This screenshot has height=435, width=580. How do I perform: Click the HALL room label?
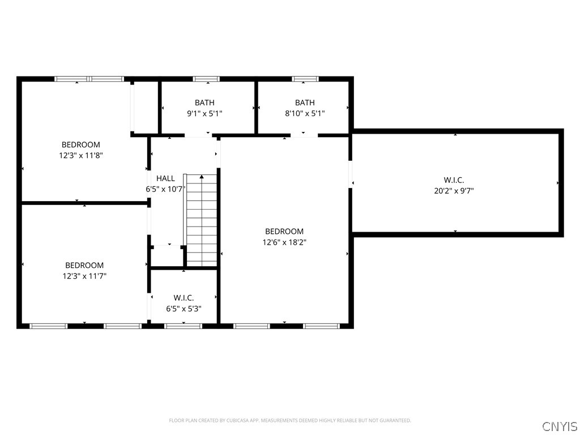[165, 178]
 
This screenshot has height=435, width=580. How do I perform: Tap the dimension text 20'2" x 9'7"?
[454, 191]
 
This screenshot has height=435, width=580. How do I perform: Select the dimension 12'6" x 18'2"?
[284, 242]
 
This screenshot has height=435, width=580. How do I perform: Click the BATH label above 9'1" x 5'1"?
[204, 103]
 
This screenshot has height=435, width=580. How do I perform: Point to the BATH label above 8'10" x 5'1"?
[305, 103]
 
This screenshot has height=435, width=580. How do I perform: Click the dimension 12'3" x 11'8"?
[80, 155]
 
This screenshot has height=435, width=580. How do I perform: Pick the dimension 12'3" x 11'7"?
[84, 276]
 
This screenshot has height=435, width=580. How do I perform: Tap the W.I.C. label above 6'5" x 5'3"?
[184, 298]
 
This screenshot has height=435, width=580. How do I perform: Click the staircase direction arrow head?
[202, 177]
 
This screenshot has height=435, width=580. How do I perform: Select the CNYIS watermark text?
[560, 426]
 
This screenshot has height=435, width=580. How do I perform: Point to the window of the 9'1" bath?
[206, 79]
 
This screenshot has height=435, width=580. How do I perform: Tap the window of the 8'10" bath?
[305, 79]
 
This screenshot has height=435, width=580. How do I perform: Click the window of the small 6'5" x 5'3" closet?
[183, 326]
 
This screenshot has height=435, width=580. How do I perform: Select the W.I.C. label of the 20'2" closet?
[454, 180]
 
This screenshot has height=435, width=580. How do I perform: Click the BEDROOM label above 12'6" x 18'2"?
[284, 232]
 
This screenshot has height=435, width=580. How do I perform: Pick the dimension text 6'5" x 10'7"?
[165, 189]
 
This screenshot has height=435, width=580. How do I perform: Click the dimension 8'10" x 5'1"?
[305, 113]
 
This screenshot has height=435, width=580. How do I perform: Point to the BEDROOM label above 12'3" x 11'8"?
[80, 144]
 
